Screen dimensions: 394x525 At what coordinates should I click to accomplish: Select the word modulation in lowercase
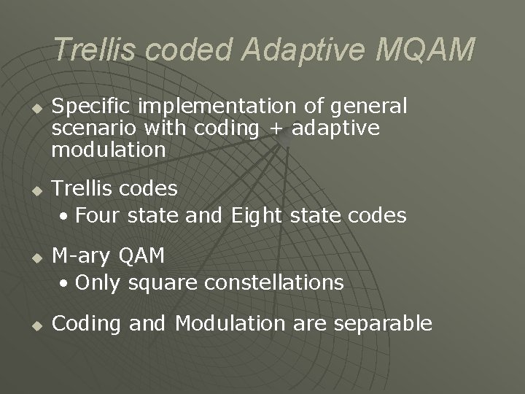pos(109,150)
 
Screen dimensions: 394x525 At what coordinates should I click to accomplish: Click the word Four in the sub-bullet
pos(99,216)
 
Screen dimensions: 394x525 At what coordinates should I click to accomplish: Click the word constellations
pos(271,282)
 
